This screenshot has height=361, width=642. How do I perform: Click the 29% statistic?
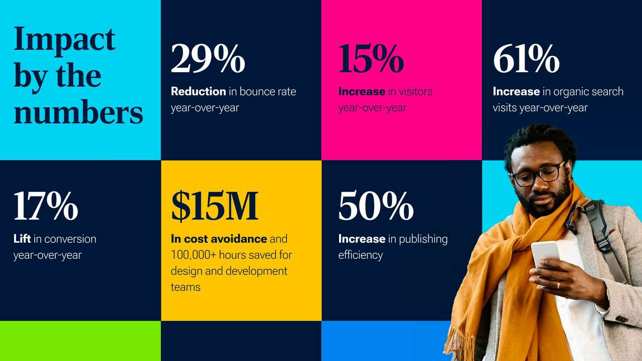208,59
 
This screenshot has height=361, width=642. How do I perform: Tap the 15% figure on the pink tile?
371,59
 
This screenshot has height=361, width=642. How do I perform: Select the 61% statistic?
526,59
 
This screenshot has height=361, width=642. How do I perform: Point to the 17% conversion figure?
46,206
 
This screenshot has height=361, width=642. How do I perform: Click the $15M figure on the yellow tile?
215,206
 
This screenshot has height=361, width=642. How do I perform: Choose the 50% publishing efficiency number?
376,206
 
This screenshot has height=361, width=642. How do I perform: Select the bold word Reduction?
198,91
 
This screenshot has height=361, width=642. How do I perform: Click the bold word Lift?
22,239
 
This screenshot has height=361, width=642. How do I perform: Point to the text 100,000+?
194,255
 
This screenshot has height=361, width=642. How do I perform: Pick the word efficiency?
361,255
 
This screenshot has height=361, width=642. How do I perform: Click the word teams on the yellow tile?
186,287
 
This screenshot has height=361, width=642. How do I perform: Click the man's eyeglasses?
539,173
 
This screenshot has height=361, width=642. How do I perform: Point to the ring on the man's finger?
558,285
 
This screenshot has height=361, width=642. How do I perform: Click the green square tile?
80,341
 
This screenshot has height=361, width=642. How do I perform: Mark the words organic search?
588,91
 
